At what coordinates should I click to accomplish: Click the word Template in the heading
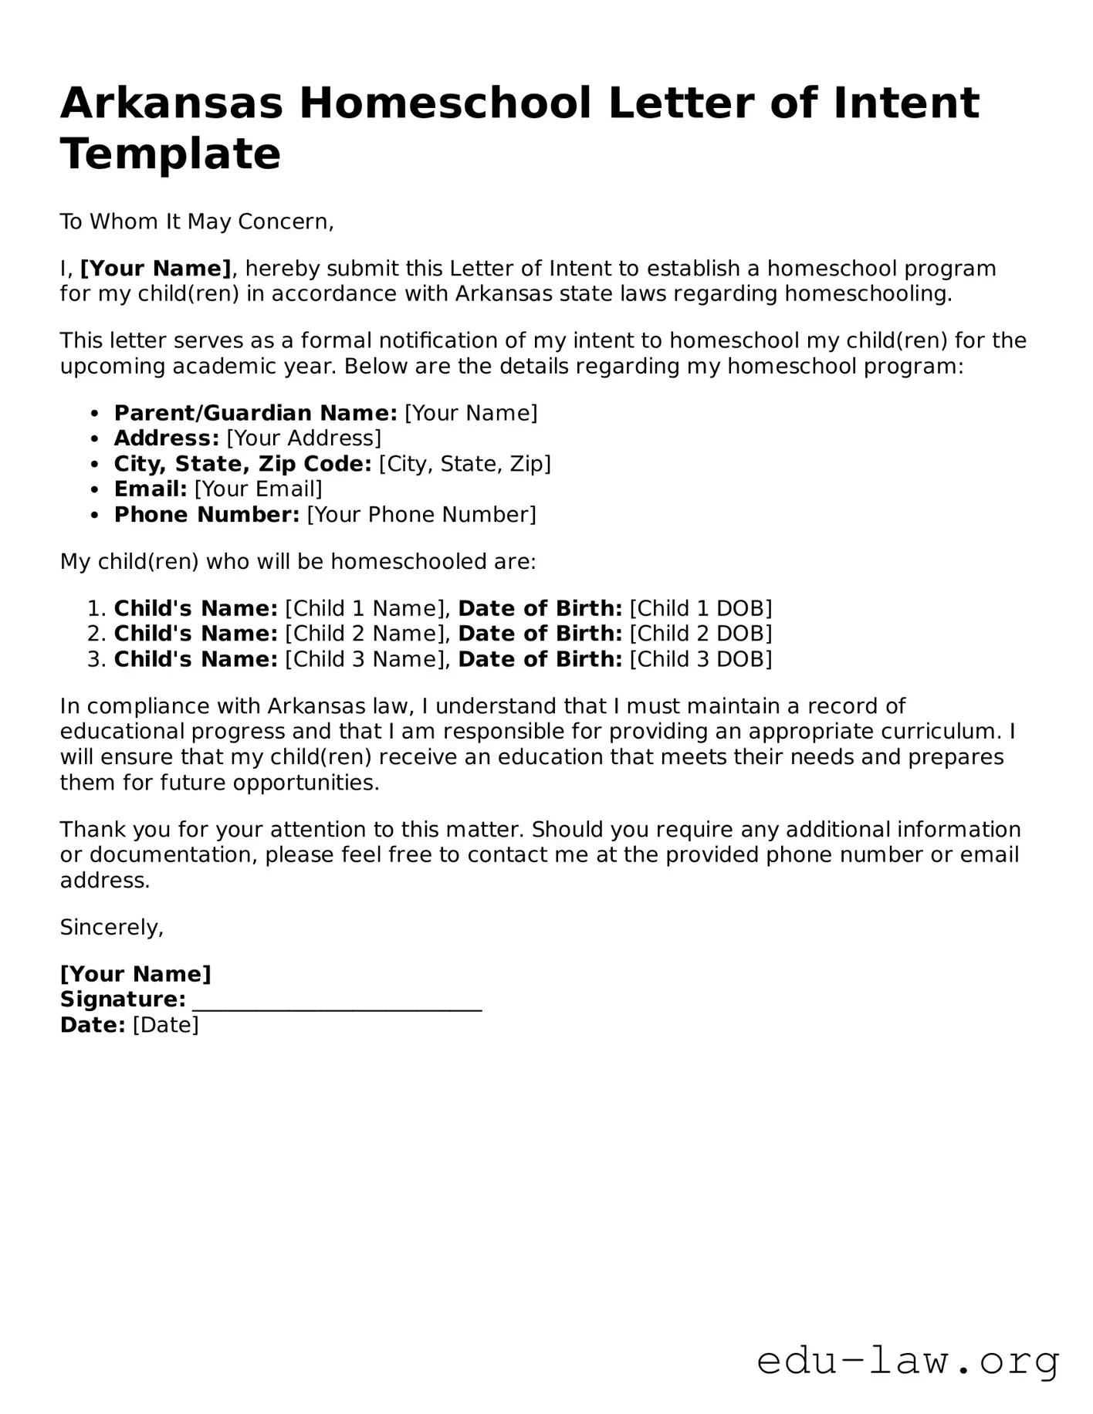pos(170,154)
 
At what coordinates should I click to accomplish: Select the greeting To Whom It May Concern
pos(197,222)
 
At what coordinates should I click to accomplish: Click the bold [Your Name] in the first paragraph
pos(156,269)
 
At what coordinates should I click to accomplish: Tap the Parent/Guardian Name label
pos(255,414)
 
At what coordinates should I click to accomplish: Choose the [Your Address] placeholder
pos(303,439)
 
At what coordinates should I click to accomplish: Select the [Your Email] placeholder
pos(258,489)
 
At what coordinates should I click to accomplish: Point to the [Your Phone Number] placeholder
pos(421,515)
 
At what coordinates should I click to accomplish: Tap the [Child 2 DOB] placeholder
pos(701,634)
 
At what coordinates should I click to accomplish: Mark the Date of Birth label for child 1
pos(540,609)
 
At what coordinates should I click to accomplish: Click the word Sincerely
pos(112,928)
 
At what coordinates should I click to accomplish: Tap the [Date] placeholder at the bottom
pos(166,1026)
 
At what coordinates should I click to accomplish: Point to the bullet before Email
pos(95,490)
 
